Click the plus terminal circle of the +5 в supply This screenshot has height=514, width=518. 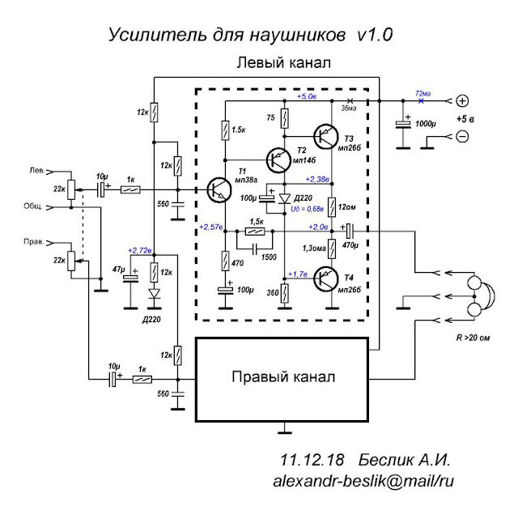(462, 101)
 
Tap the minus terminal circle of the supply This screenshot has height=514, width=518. (462, 136)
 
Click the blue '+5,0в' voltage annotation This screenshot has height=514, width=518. (307, 96)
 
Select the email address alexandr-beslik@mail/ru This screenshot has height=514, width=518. (363, 480)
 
